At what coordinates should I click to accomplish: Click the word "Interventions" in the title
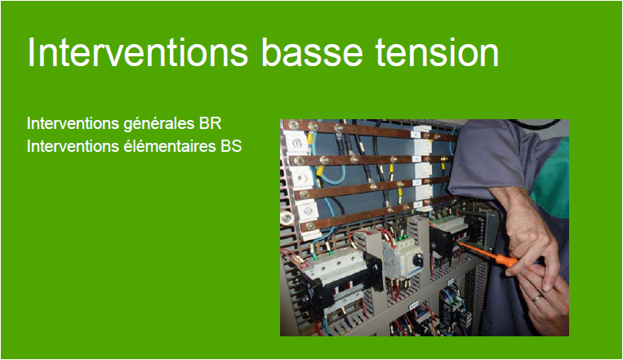click(x=138, y=52)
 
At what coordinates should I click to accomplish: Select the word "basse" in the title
click(x=312, y=52)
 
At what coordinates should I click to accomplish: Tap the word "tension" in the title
click(x=437, y=52)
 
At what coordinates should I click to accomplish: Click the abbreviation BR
click(x=210, y=123)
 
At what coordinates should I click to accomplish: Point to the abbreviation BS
click(x=231, y=146)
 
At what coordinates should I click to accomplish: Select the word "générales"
click(x=160, y=124)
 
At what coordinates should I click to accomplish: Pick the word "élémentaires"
click(x=171, y=146)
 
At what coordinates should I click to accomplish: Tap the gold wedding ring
click(x=537, y=298)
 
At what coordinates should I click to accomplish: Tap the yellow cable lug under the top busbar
click(x=310, y=138)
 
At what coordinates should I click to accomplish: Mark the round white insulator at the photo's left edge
click(x=287, y=218)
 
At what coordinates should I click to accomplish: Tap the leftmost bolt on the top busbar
click(x=294, y=124)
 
